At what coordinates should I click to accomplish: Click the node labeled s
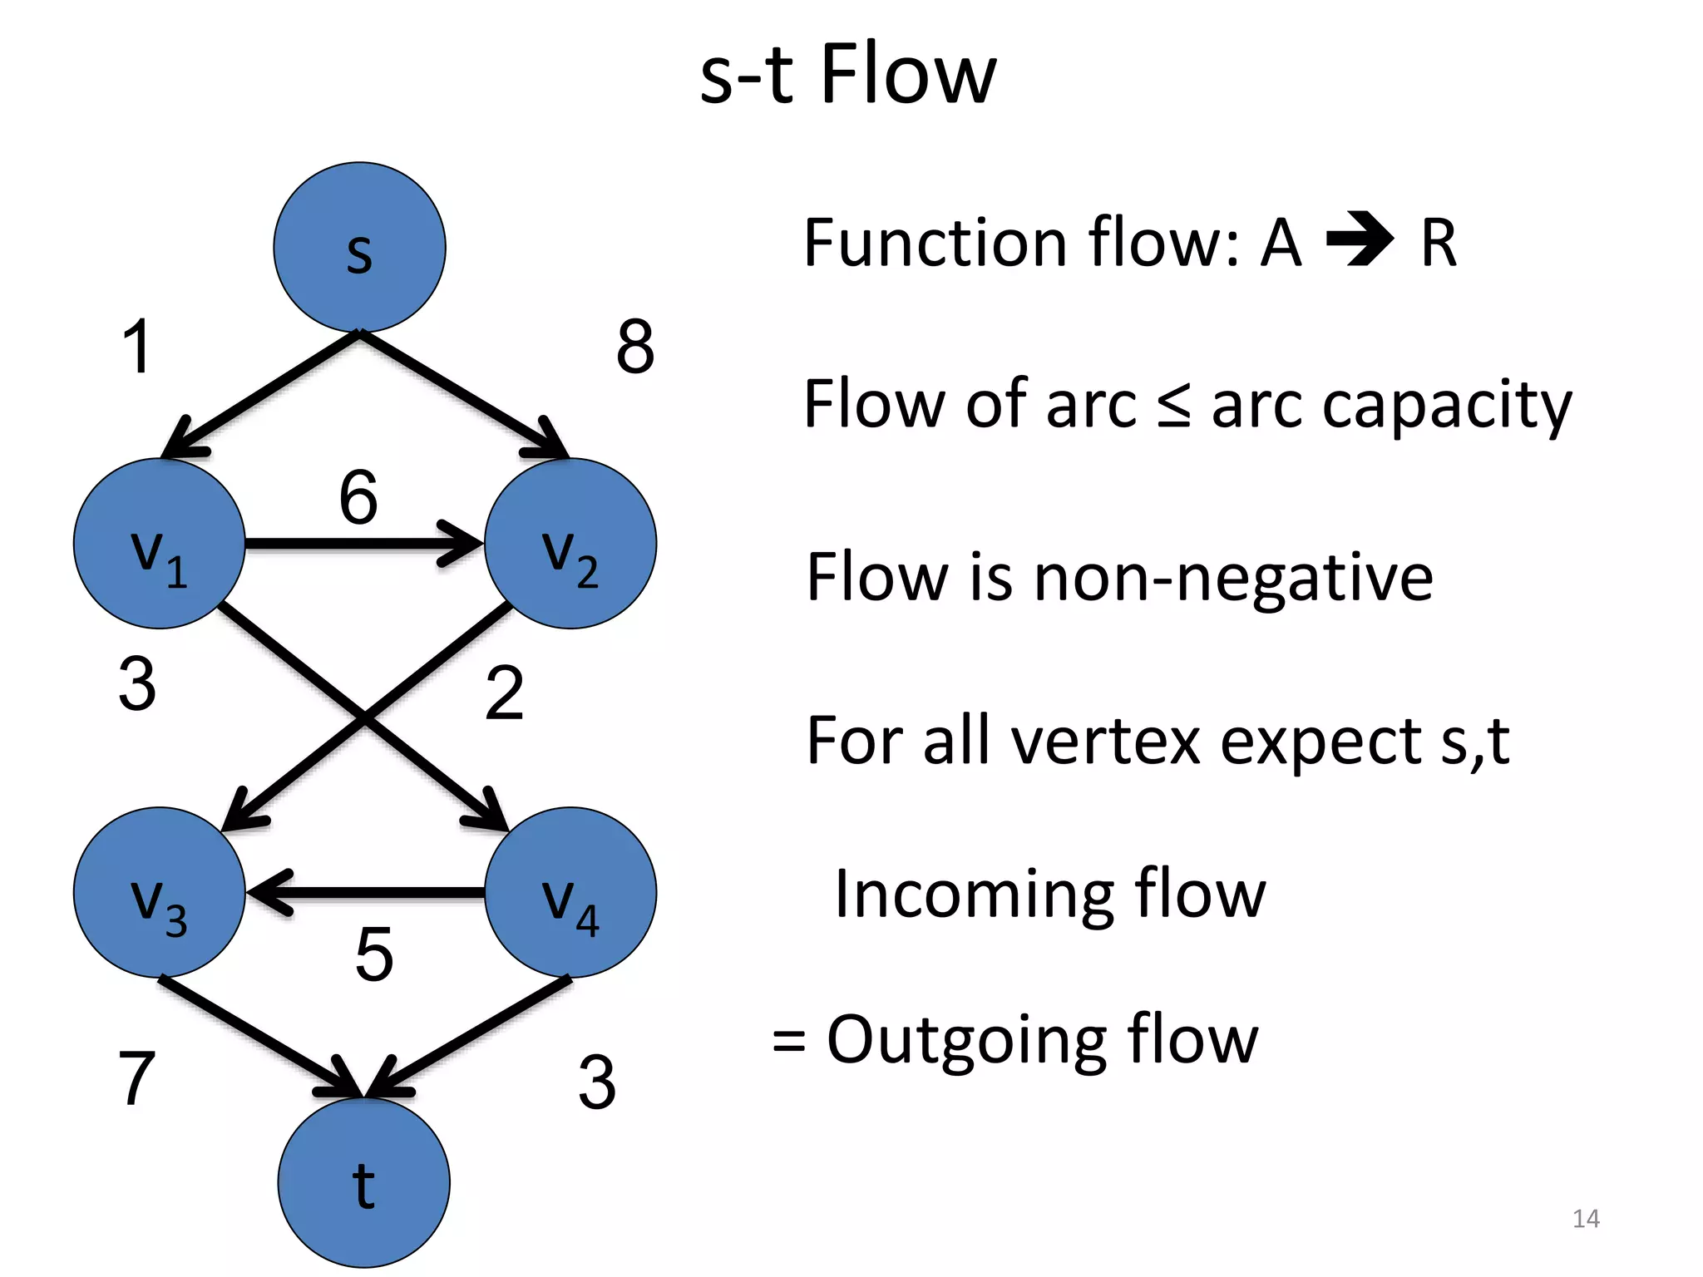click(359, 247)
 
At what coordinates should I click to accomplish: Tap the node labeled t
click(363, 1182)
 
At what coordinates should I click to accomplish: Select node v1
click(159, 544)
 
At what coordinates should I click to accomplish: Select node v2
click(570, 544)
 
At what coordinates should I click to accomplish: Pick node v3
click(159, 892)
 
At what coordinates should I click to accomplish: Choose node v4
click(570, 892)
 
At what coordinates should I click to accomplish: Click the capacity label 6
click(358, 497)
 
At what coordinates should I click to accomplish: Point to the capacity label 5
click(373, 954)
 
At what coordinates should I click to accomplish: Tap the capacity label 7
click(137, 1078)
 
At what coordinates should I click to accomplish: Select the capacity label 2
click(504, 693)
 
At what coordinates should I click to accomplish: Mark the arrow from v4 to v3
click(366, 893)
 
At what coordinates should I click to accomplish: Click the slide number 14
click(1586, 1219)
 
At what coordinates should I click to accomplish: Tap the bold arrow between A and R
click(1359, 241)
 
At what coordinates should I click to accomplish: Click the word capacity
click(1447, 406)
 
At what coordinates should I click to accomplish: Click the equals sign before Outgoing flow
click(788, 1041)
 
